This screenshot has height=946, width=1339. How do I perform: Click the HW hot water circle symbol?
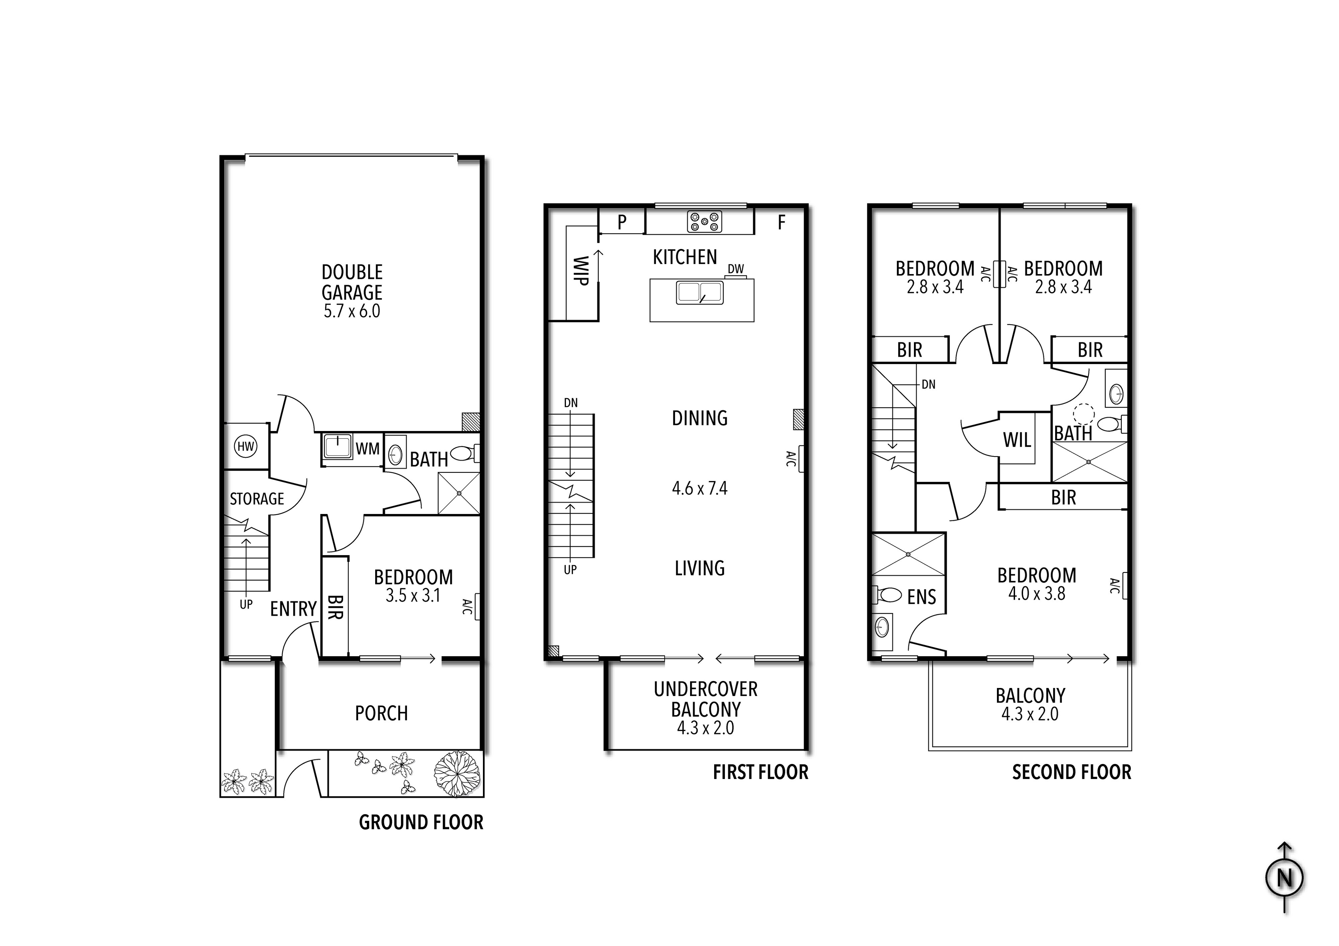pyautogui.click(x=245, y=447)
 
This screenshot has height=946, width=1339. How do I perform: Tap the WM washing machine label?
pyautogui.click(x=368, y=449)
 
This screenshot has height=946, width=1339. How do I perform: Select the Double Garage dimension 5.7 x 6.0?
pyautogui.click(x=352, y=311)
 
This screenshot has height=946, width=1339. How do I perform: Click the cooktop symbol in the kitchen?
pyautogui.click(x=704, y=222)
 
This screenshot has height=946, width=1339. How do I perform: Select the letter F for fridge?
pyautogui.click(x=781, y=222)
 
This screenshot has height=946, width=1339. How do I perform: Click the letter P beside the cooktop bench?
pyautogui.click(x=622, y=222)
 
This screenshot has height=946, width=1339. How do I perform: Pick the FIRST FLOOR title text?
pyautogui.click(x=761, y=772)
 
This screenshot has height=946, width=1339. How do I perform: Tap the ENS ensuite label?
pyautogui.click(x=922, y=597)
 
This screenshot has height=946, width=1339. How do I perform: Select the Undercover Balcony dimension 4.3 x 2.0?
pyautogui.click(x=705, y=728)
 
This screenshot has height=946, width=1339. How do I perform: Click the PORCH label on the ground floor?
pyautogui.click(x=381, y=713)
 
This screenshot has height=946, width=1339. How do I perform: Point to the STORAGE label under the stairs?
pyautogui.click(x=257, y=499)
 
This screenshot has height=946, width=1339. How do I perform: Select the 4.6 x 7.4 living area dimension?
pyautogui.click(x=699, y=488)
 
